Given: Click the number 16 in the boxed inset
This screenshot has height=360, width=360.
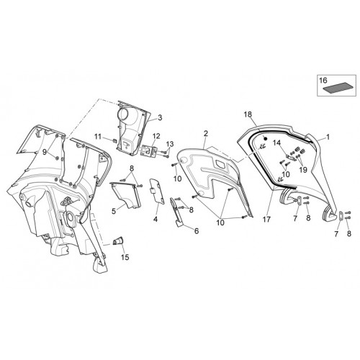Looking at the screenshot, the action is [x=323, y=81].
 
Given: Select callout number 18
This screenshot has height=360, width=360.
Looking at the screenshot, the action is [x=248, y=114].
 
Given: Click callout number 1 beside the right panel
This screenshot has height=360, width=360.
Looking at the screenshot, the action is [x=328, y=138].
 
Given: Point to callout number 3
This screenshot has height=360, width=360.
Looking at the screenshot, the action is [x=160, y=117].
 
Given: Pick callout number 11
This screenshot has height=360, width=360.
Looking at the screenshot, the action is [x=98, y=137].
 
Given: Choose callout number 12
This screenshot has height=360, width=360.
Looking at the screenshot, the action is [x=156, y=136].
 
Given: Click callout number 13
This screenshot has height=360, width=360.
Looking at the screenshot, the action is [x=170, y=144].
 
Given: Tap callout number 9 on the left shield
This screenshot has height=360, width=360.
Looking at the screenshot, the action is [x=44, y=152].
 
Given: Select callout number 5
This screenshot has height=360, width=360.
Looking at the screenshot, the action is [x=114, y=211].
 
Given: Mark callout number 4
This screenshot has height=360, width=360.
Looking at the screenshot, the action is [x=156, y=219].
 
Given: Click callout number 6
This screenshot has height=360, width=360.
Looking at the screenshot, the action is [x=197, y=231].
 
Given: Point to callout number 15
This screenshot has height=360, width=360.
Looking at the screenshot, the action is [x=125, y=257].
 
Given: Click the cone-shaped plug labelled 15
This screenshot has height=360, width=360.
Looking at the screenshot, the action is [x=119, y=240].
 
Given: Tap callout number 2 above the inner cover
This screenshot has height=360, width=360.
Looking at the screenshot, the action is [x=206, y=134].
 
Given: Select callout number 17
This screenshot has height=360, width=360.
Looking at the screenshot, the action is [x=266, y=219].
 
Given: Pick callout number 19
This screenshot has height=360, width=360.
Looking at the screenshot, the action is [x=303, y=170].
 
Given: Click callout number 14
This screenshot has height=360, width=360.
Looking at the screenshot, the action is [x=276, y=143].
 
